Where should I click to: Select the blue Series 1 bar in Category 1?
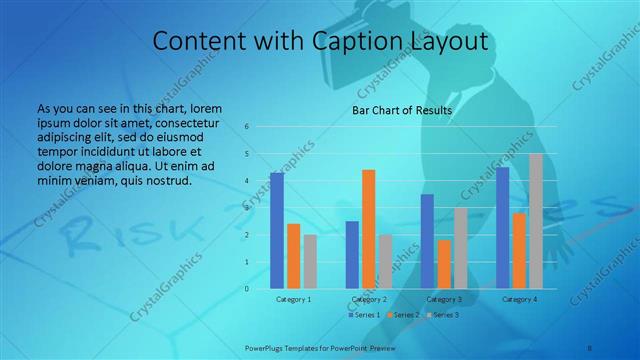276,231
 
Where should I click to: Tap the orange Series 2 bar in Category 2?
368,229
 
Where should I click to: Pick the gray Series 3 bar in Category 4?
536,221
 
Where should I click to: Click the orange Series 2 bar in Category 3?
444,264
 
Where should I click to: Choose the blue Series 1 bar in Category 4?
502,228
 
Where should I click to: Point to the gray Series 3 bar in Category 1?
310,262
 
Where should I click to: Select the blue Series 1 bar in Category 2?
352,255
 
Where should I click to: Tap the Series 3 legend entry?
443,315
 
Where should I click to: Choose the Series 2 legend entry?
403,315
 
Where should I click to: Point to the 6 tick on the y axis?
247,127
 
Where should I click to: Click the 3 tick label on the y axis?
247,208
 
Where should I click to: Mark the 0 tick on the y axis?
247,289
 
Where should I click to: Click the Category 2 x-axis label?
369,299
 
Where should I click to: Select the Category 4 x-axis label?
519,299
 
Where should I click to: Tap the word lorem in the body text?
201,108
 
